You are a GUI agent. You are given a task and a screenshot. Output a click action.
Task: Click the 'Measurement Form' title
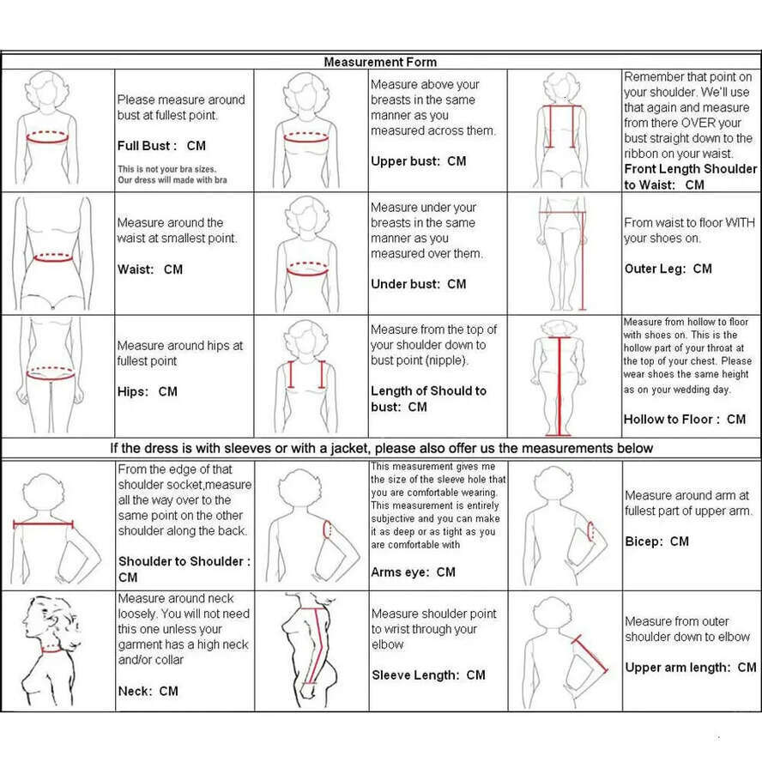380,62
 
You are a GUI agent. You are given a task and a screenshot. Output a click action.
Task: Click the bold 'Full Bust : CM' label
161,146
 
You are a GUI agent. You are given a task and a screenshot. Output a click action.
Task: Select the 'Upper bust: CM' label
418,161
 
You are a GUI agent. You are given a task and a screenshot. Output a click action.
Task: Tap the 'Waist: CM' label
150,269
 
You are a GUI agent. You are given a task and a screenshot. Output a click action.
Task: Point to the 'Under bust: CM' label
418,284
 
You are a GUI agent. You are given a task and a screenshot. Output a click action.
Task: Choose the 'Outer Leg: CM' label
668,269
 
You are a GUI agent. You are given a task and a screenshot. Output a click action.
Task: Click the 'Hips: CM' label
148,391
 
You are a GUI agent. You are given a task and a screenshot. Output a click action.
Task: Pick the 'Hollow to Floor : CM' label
684,419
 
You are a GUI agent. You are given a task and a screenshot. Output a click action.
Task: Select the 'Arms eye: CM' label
413,572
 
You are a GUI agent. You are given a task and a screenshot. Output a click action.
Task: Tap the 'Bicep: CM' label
656,541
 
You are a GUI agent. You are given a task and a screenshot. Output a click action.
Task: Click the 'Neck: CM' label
148,691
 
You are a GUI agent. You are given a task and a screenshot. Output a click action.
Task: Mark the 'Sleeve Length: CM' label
428,675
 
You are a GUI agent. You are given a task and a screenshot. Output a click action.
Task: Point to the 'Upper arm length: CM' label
690,668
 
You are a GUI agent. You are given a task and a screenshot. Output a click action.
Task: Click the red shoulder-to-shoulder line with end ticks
42,524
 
